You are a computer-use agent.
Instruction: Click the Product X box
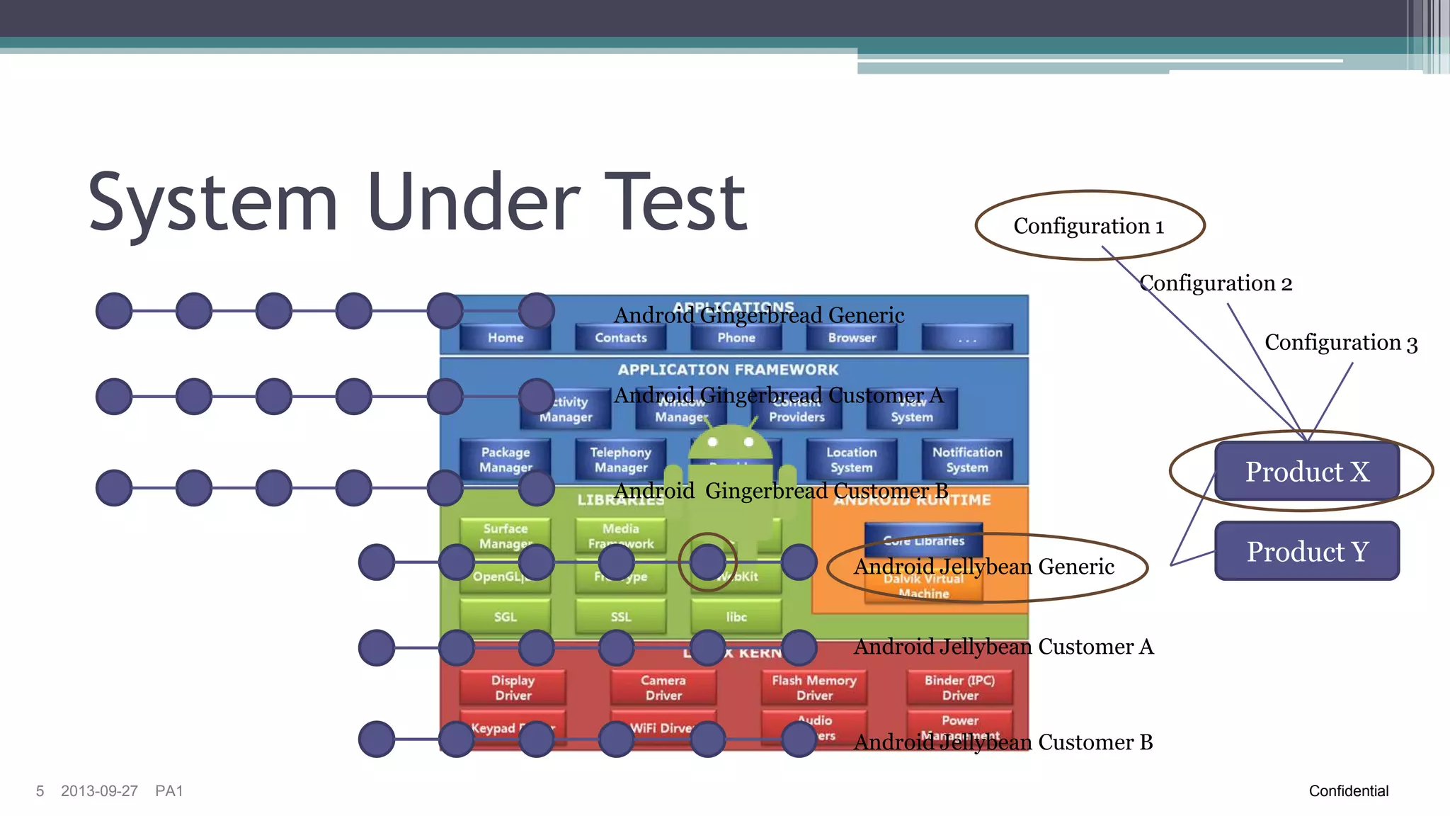1307,471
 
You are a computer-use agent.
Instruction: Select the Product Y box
1307,551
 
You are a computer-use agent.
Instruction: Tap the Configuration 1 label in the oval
1089,226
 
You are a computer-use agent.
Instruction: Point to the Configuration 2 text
1216,283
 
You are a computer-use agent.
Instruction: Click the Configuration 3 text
1340,343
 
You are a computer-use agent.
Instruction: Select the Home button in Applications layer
505,338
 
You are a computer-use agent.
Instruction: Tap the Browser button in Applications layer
852,338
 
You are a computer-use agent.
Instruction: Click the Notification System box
966,460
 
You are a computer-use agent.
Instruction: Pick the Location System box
851,460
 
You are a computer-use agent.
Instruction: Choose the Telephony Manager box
620,460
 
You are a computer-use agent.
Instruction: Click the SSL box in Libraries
620,616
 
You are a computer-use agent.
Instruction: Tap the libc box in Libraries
736,616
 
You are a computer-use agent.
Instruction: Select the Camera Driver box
663,687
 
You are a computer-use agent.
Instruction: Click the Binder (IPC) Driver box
959,687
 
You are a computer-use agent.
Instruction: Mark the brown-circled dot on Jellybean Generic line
707,562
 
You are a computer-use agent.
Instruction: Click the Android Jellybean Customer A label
1003,647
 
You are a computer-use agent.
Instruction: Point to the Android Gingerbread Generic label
758,315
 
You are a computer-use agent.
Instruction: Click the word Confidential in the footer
1348,790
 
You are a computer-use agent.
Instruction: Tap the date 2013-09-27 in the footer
99,790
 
